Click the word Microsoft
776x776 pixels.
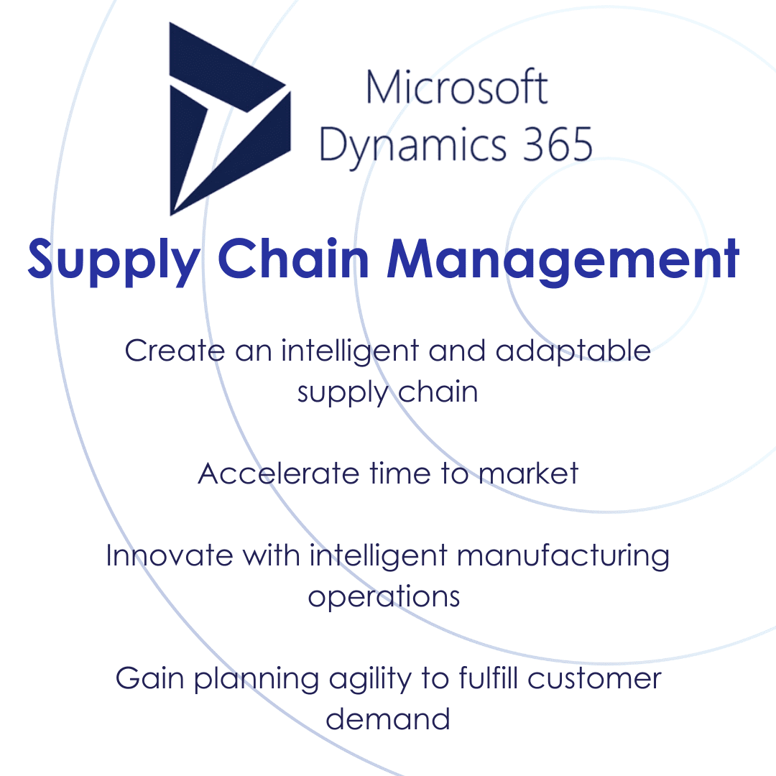pos(457,87)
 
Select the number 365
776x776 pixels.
pos(558,144)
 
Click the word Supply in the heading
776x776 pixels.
pos(114,261)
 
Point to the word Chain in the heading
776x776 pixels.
pos(293,258)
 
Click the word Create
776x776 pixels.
pos(175,351)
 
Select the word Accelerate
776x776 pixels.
pos(277,474)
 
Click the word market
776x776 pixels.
pos(529,474)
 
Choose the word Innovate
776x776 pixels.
pos(170,555)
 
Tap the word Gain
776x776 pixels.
pos(150,678)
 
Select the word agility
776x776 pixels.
pos(370,680)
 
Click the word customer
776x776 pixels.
pos(594,679)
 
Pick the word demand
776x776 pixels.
pos(388,719)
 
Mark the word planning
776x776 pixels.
pos(257,680)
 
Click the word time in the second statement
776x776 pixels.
pos(400,474)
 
